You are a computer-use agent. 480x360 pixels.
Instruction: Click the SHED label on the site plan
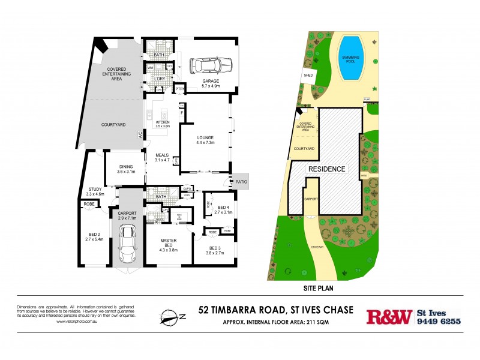coord(308,76)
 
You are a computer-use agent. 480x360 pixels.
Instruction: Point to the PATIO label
coord(239,181)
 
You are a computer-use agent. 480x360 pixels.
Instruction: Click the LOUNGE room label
coord(205,137)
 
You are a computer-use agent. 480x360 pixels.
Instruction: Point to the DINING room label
coord(125,167)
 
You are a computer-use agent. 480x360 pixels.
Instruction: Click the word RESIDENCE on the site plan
coord(326,169)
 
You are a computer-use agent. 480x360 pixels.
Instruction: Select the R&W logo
coord(389,316)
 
